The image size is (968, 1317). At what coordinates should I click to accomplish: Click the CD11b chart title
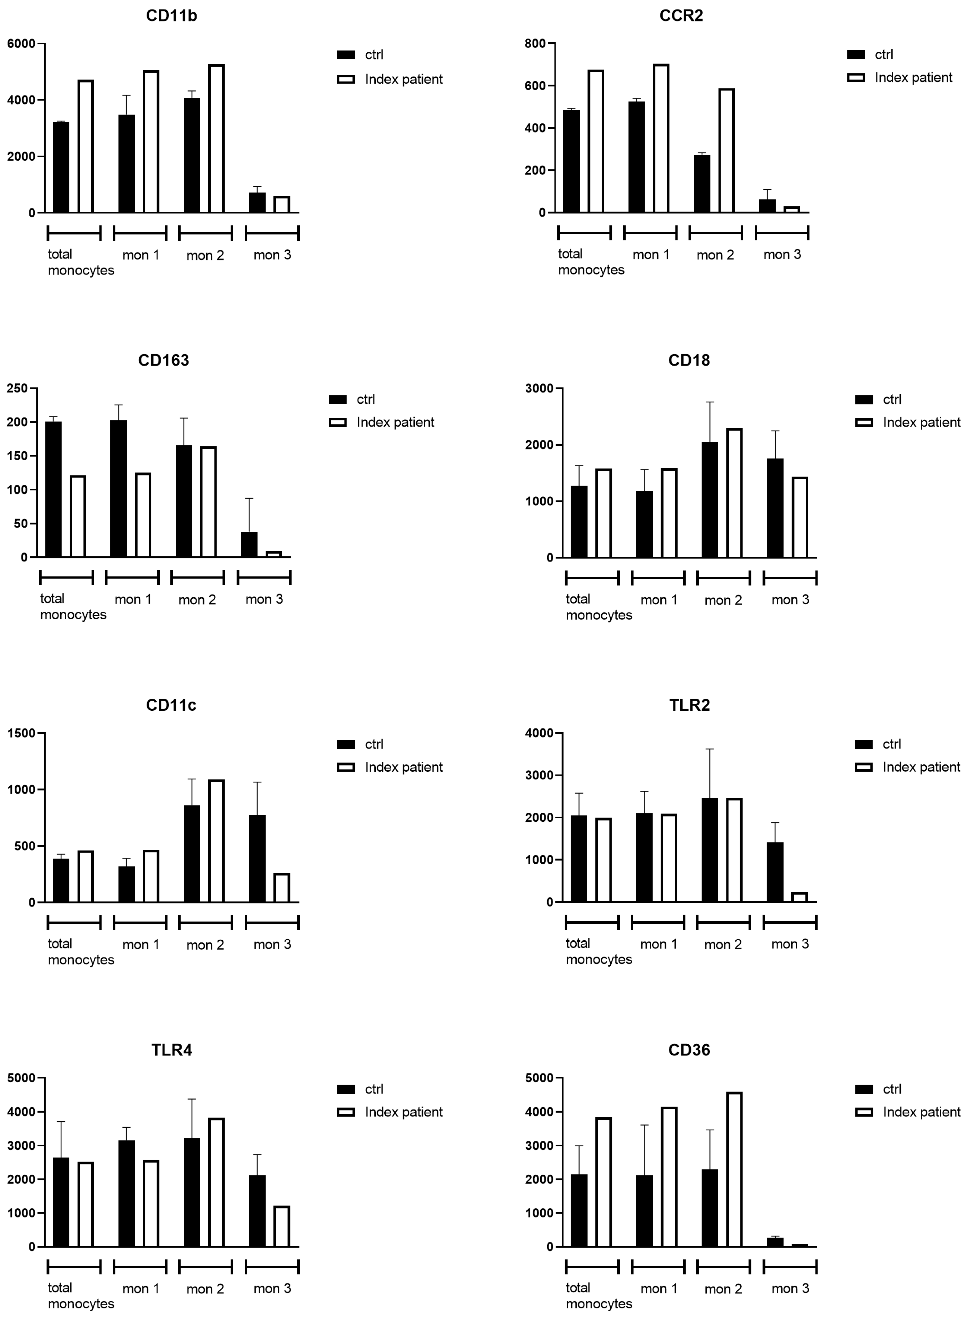pos(171,16)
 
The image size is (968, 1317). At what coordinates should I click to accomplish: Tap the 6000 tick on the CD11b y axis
pos(21,43)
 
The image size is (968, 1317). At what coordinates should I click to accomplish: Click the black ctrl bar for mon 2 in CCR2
pos(702,183)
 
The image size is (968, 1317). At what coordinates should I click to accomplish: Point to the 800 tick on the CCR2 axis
pos(535,43)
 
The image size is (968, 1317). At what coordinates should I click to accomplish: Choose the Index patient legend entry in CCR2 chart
pos(913,77)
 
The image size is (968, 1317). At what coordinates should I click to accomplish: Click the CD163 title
pos(164,360)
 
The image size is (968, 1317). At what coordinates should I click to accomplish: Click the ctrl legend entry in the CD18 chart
pos(891,399)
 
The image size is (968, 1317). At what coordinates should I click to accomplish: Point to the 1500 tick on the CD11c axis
pos(21,733)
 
